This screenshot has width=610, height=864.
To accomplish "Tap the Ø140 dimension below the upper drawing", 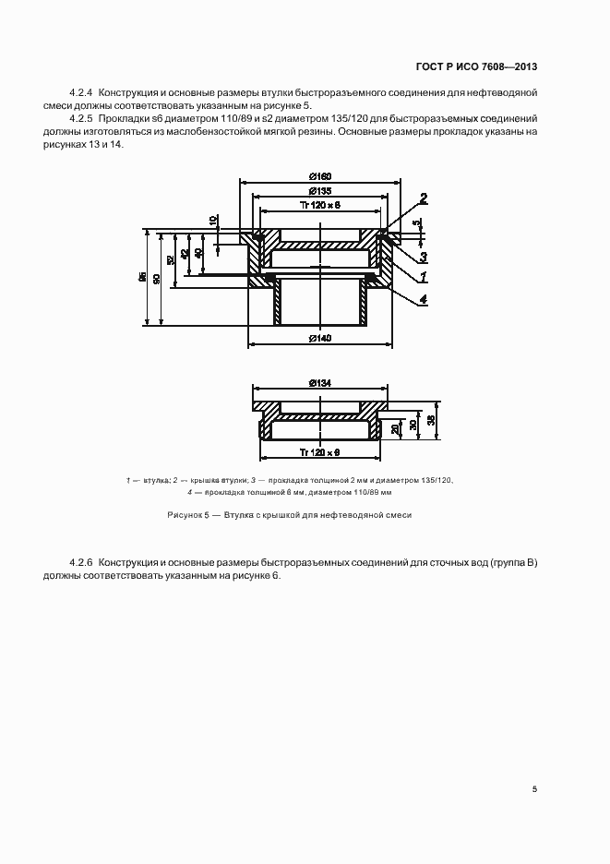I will tap(320, 338).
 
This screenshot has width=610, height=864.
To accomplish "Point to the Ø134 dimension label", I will tap(320, 382).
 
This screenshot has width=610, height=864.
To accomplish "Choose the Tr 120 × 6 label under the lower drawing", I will tap(320, 451).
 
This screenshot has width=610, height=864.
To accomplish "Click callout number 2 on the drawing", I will tap(423, 198).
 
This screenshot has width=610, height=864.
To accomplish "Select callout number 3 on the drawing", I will tap(423, 256).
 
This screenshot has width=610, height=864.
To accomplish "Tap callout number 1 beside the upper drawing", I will tap(423, 275).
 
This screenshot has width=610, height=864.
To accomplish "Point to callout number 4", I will tap(423, 298).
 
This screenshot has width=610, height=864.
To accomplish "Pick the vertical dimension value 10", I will tap(213, 221).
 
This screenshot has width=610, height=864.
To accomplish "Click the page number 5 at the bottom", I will tap(534, 789).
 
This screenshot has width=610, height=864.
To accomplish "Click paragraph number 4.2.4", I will tap(82, 94).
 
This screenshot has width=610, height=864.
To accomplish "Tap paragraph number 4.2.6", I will tap(82, 563).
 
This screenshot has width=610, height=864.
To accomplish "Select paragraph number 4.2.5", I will tap(82, 120).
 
